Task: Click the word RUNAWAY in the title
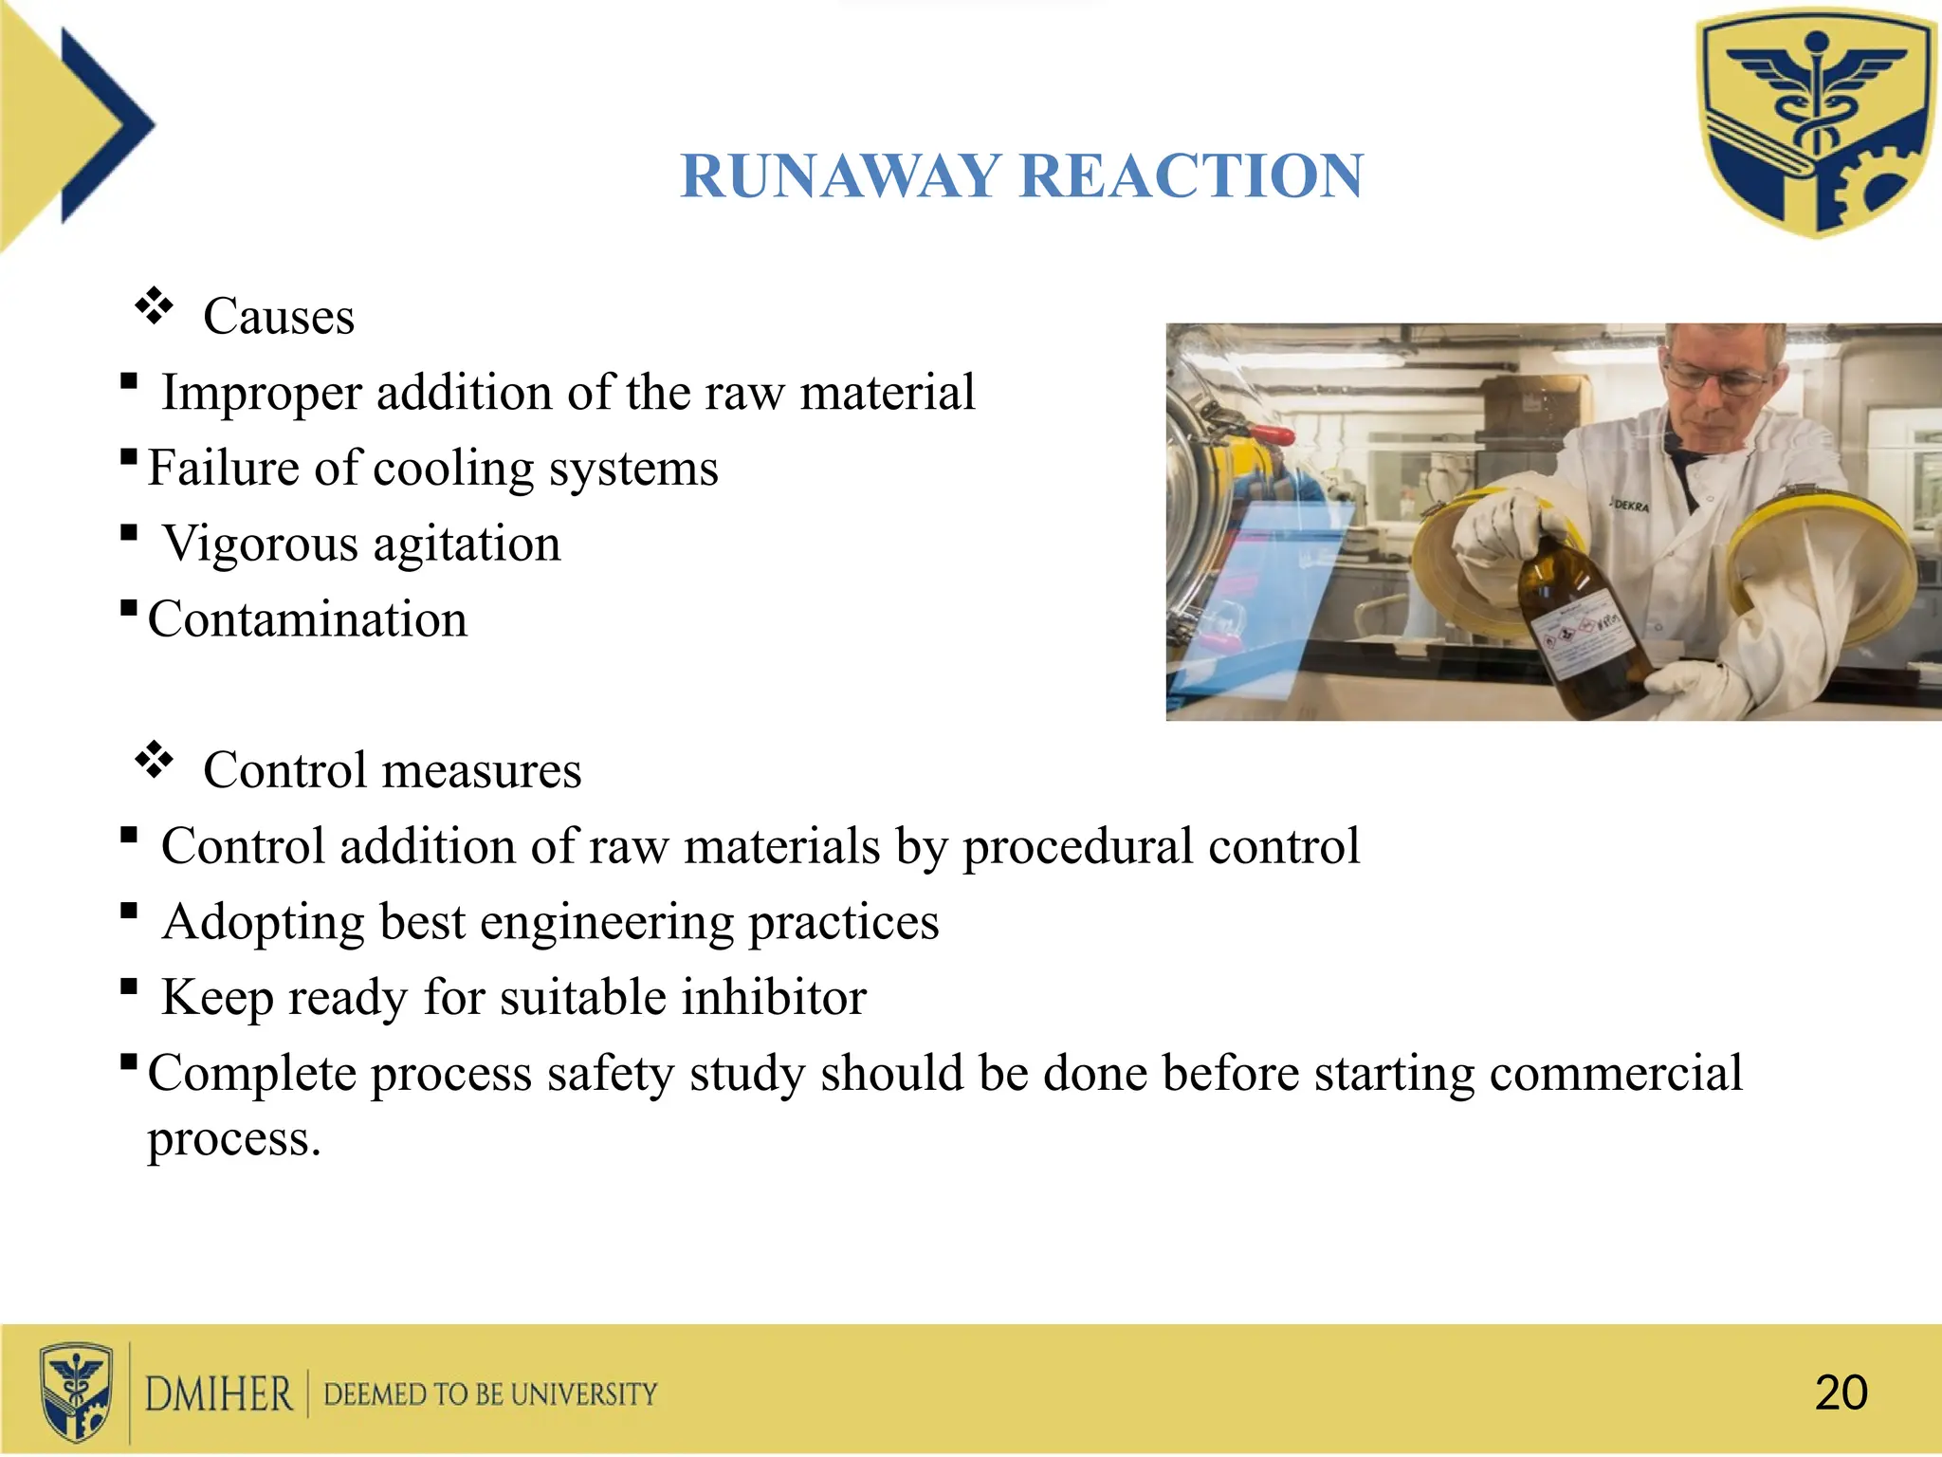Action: (840, 176)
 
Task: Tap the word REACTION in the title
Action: (1192, 176)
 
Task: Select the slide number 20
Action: (1841, 1392)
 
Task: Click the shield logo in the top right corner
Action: (1816, 123)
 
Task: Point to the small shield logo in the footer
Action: (77, 1392)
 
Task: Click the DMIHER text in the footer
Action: (219, 1394)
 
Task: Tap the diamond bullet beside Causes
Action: (154, 307)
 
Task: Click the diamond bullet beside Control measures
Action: (154, 761)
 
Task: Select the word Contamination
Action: (307, 619)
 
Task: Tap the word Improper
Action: (262, 392)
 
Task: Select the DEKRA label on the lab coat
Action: (1631, 506)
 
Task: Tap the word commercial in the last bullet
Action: (1616, 1074)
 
